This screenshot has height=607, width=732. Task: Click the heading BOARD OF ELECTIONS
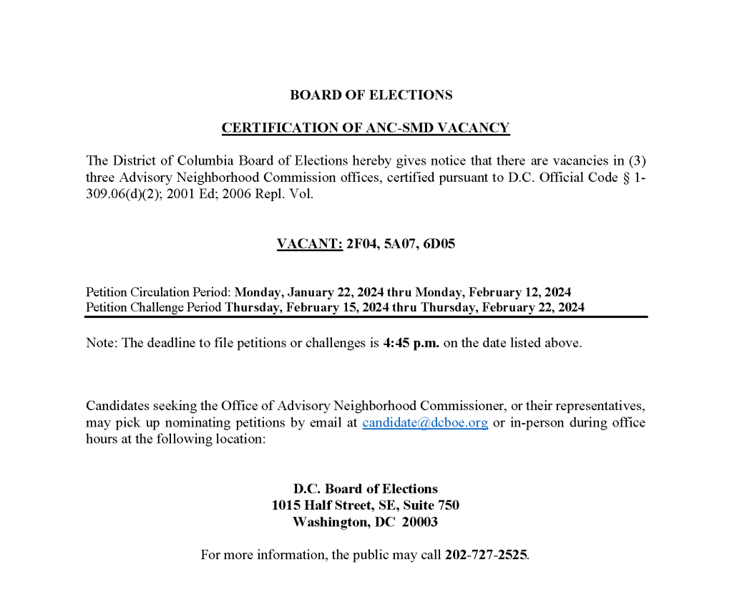pyautogui.click(x=371, y=95)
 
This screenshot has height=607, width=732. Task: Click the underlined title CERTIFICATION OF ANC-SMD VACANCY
pyautogui.click(x=365, y=128)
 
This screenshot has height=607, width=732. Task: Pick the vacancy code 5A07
pyautogui.click(x=399, y=244)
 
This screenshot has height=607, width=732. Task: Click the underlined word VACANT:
pyautogui.click(x=309, y=244)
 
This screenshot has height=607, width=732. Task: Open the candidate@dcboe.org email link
pyautogui.click(x=425, y=422)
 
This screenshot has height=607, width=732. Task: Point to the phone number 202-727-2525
pyautogui.click(x=486, y=555)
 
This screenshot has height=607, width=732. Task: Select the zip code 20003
pyautogui.click(x=419, y=523)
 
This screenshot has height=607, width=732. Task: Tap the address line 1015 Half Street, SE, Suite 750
pyautogui.click(x=365, y=505)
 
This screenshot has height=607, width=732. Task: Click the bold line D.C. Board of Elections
pyautogui.click(x=365, y=489)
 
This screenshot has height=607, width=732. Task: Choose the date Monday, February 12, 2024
pyautogui.click(x=493, y=292)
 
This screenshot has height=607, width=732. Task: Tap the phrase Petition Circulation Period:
pyautogui.click(x=159, y=292)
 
